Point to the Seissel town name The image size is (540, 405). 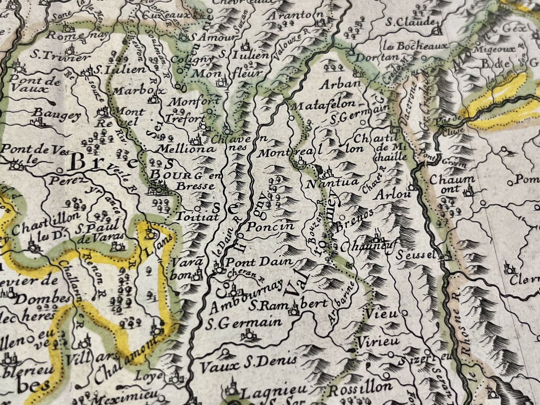(x=416, y=256)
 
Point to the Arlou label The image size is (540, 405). (x=393, y=194)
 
